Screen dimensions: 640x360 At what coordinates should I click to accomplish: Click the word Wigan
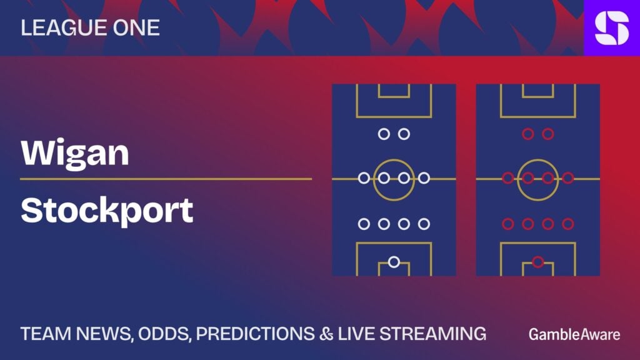pyautogui.click(x=75, y=154)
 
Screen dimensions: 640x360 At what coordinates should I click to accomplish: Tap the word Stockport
pyautogui.click(x=107, y=211)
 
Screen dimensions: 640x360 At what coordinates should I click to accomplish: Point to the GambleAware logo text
pyautogui.click(x=574, y=335)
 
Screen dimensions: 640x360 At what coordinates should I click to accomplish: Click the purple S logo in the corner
pyautogui.click(x=612, y=27)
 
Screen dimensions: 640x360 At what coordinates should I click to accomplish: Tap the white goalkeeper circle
pyautogui.click(x=394, y=262)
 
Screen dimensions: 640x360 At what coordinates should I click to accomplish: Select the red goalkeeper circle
pyautogui.click(x=538, y=262)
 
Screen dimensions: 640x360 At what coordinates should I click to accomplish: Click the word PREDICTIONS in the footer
pyautogui.click(x=256, y=334)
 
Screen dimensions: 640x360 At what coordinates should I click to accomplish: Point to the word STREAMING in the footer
pyautogui.click(x=432, y=334)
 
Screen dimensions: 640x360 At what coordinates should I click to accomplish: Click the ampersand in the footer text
pyautogui.click(x=326, y=334)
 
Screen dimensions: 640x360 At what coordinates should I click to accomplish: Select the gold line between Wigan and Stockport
pyautogui.click(x=166, y=179)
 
